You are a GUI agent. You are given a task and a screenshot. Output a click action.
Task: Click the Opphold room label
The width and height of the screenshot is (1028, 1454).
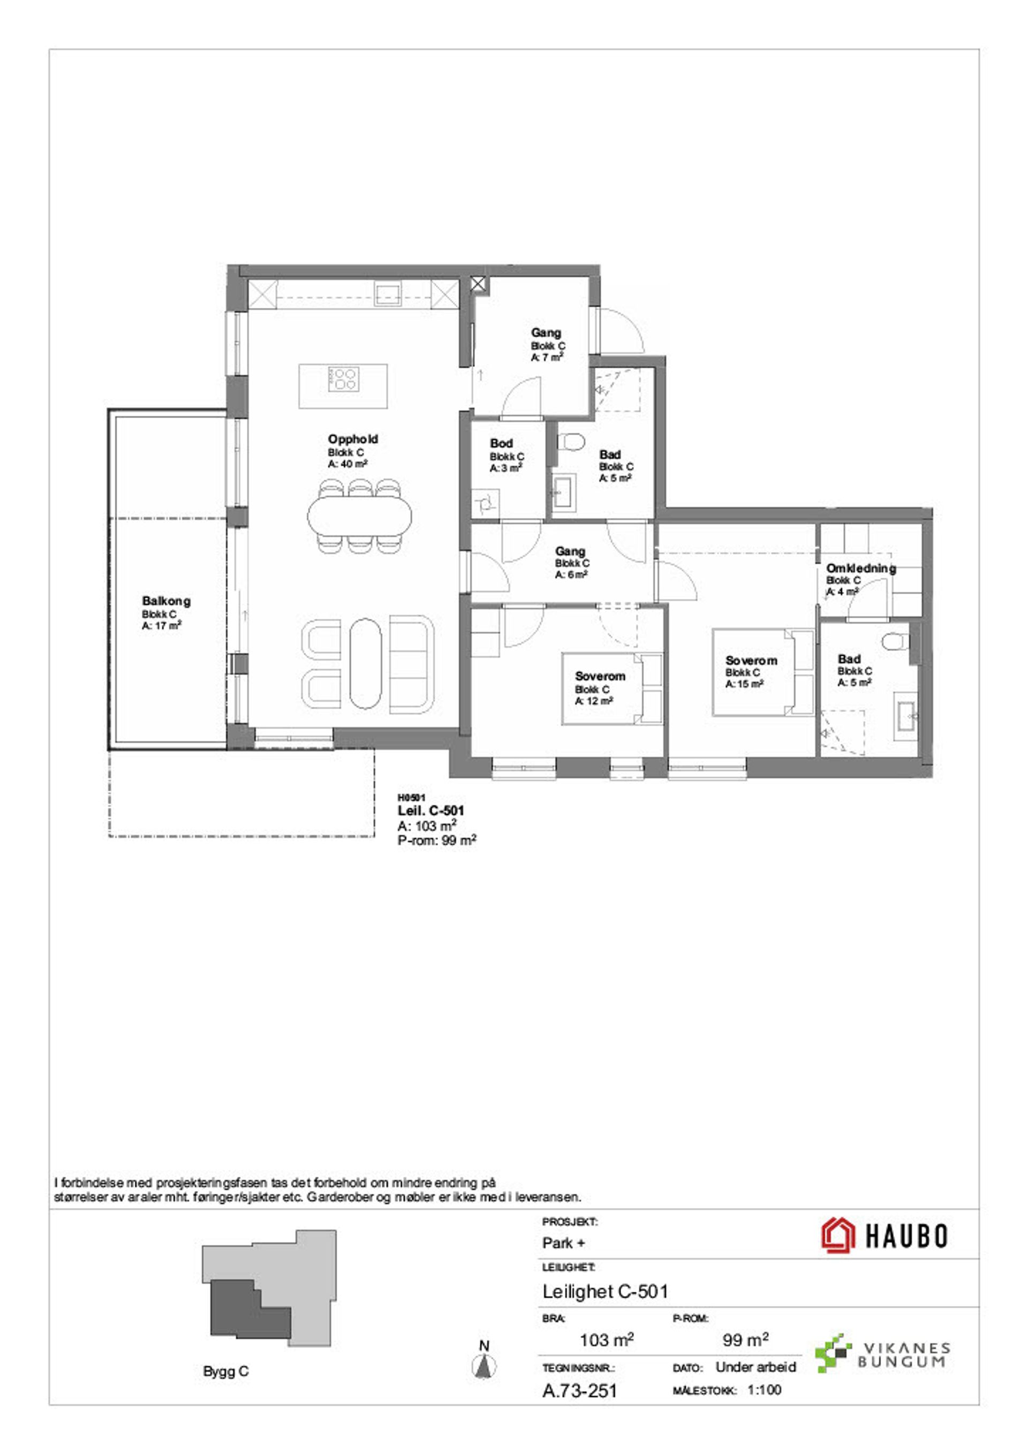coord(353,439)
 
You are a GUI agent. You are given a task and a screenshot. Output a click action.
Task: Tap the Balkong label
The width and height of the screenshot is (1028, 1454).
coord(166,601)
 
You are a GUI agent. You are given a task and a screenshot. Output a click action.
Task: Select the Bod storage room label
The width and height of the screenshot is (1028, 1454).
coord(501,443)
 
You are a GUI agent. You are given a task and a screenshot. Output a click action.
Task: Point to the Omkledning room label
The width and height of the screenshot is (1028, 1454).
coord(861,568)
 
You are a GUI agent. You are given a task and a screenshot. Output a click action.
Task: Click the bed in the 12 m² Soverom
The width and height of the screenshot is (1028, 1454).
coord(612,688)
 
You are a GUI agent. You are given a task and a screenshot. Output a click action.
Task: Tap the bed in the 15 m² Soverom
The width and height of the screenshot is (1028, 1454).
coord(762,672)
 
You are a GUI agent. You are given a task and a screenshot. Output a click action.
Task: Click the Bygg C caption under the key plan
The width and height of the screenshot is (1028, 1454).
coord(226,1372)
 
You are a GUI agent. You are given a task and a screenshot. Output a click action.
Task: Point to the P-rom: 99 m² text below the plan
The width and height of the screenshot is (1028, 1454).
coord(437,840)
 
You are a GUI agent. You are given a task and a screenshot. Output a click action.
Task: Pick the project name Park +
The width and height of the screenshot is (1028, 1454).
coord(564,1243)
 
